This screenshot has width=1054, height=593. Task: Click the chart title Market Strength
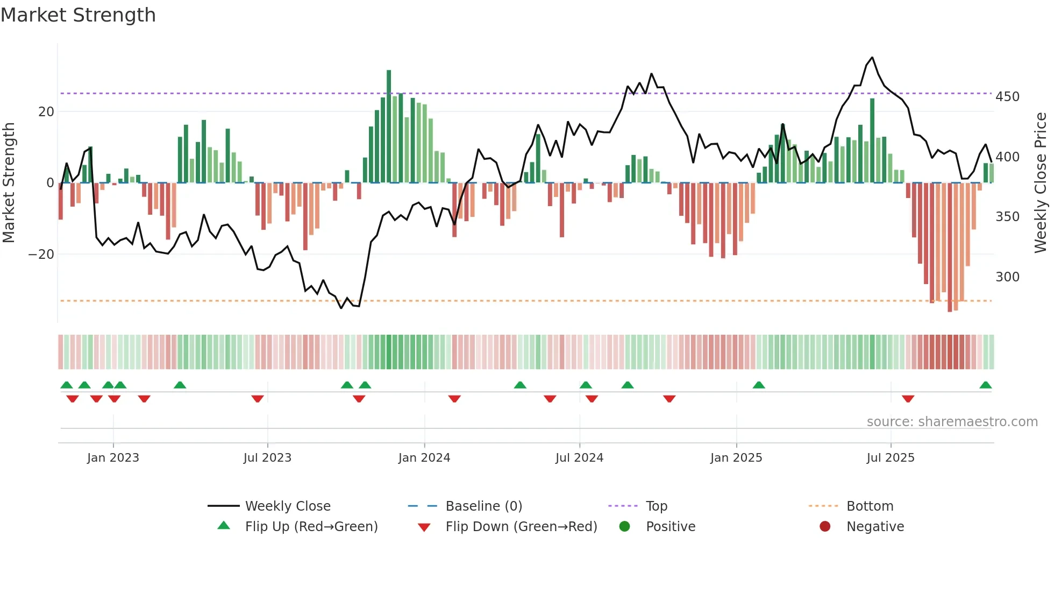point(78,15)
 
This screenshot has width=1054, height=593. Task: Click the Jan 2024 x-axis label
point(424,458)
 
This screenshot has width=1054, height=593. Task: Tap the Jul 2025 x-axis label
point(890,458)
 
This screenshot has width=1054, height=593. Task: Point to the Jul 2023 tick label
point(267,458)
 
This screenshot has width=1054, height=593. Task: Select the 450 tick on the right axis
point(1007,97)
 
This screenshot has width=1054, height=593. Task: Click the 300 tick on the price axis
point(1007,277)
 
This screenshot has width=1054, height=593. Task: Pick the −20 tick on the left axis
point(41,255)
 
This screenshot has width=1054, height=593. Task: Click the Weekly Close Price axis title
point(1041,183)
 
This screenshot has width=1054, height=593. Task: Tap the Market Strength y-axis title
point(9,183)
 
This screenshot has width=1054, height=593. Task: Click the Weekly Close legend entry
point(287,506)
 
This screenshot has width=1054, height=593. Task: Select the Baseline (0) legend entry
point(483,506)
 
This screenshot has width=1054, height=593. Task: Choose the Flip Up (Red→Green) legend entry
point(311,527)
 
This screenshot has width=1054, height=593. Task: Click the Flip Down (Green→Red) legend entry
point(521,527)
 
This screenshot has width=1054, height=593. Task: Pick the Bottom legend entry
point(870,506)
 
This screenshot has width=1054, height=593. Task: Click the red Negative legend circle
point(825,526)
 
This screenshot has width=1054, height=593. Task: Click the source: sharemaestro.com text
point(952,422)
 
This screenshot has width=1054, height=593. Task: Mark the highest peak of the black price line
point(872,58)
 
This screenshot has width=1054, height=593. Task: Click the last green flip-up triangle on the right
point(985,385)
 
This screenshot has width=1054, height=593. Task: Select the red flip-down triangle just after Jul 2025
point(908,399)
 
